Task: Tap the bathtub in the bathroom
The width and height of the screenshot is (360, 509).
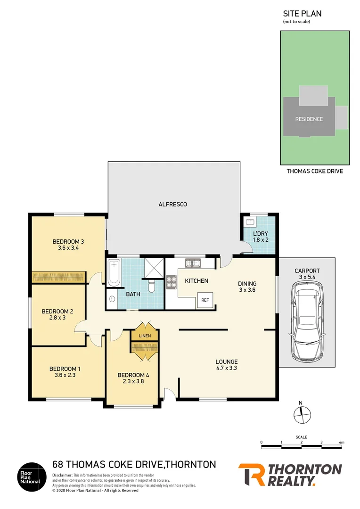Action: point(113,273)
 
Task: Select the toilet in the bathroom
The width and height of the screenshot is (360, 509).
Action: point(151,286)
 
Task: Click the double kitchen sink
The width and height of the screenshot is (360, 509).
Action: point(193,263)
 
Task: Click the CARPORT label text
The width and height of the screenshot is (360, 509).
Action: point(307,271)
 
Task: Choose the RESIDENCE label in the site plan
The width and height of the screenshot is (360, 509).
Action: point(309,119)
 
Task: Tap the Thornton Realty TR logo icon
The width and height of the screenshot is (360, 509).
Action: point(252,475)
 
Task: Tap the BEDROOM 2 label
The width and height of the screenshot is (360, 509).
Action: point(57,311)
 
